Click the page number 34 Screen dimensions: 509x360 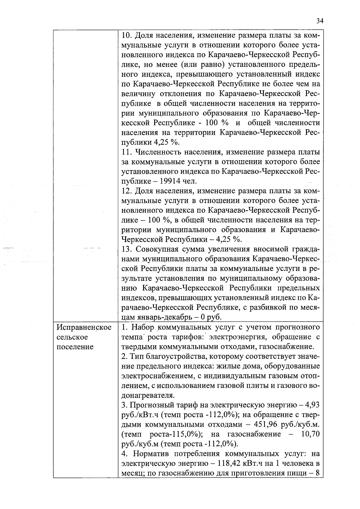(320, 21)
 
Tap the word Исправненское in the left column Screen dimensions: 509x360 (84, 327)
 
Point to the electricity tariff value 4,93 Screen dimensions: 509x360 (312, 405)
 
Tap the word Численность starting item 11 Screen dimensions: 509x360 (158, 152)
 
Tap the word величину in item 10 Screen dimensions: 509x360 (138, 94)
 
